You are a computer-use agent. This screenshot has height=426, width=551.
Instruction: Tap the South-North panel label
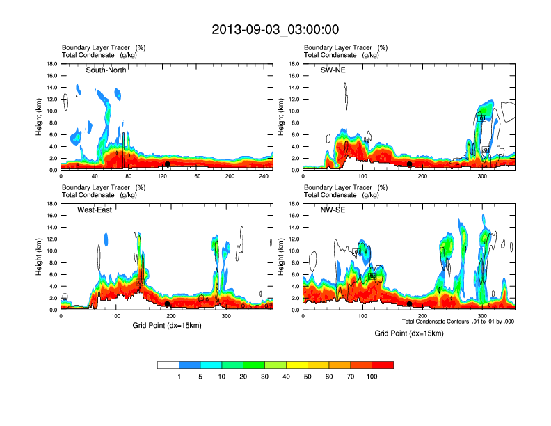(105, 70)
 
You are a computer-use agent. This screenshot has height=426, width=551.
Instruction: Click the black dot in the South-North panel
(167, 164)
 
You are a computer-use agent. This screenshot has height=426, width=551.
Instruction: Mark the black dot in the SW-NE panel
(410, 164)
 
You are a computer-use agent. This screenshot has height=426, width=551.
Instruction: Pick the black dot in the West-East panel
(167, 304)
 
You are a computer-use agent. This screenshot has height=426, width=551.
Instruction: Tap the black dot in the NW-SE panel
(409, 304)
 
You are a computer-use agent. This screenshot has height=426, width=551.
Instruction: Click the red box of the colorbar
(383, 365)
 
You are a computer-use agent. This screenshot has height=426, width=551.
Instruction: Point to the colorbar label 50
(308, 377)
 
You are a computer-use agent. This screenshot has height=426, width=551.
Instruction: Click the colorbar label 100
(372, 377)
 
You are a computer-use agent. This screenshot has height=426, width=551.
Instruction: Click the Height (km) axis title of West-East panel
(40, 257)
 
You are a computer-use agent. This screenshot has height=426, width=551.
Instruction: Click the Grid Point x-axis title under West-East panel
(166, 324)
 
